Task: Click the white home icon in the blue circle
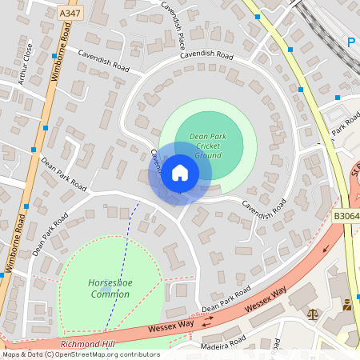(180, 173)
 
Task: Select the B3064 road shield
(345, 216)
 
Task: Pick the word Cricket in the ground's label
(208, 146)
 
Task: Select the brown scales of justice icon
(311, 313)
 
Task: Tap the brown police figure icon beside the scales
(347, 305)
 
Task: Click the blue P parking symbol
(352, 42)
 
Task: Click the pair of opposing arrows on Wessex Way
(207, 322)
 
